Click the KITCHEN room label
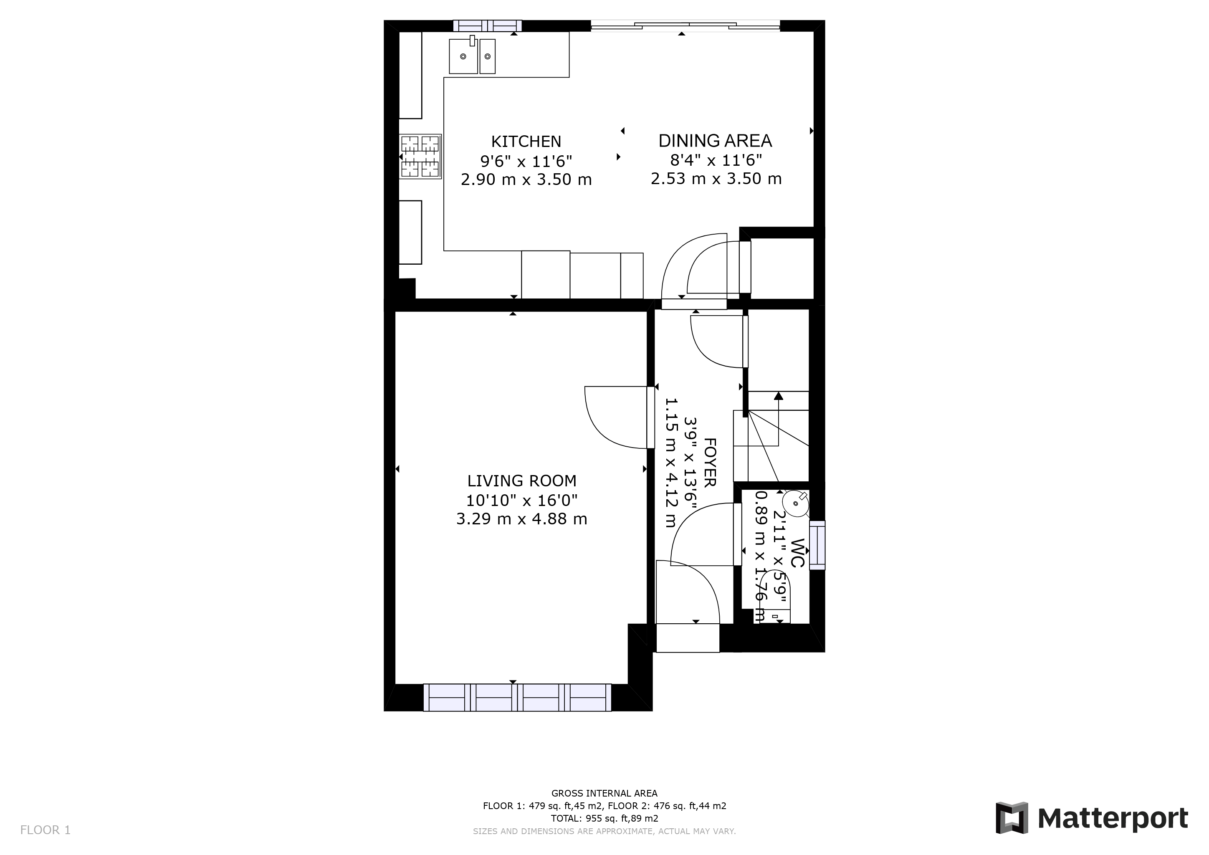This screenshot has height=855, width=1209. coord(526,141)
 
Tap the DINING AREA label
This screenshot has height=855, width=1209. coord(715,141)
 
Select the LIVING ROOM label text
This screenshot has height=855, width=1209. coord(521,481)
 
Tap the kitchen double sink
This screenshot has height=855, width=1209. coord(472,56)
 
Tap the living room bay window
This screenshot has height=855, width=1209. coord(517,698)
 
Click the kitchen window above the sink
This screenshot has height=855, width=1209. coord(487,26)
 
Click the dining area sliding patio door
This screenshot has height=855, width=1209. coord(685,24)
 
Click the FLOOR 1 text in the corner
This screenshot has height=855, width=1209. coord(45,830)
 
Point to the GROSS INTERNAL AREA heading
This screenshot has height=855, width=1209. coord(604,793)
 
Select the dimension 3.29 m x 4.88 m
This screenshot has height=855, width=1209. coord(521,519)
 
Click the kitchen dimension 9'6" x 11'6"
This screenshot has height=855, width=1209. coord(526,161)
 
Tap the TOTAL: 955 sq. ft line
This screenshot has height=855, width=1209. coord(604,818)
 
